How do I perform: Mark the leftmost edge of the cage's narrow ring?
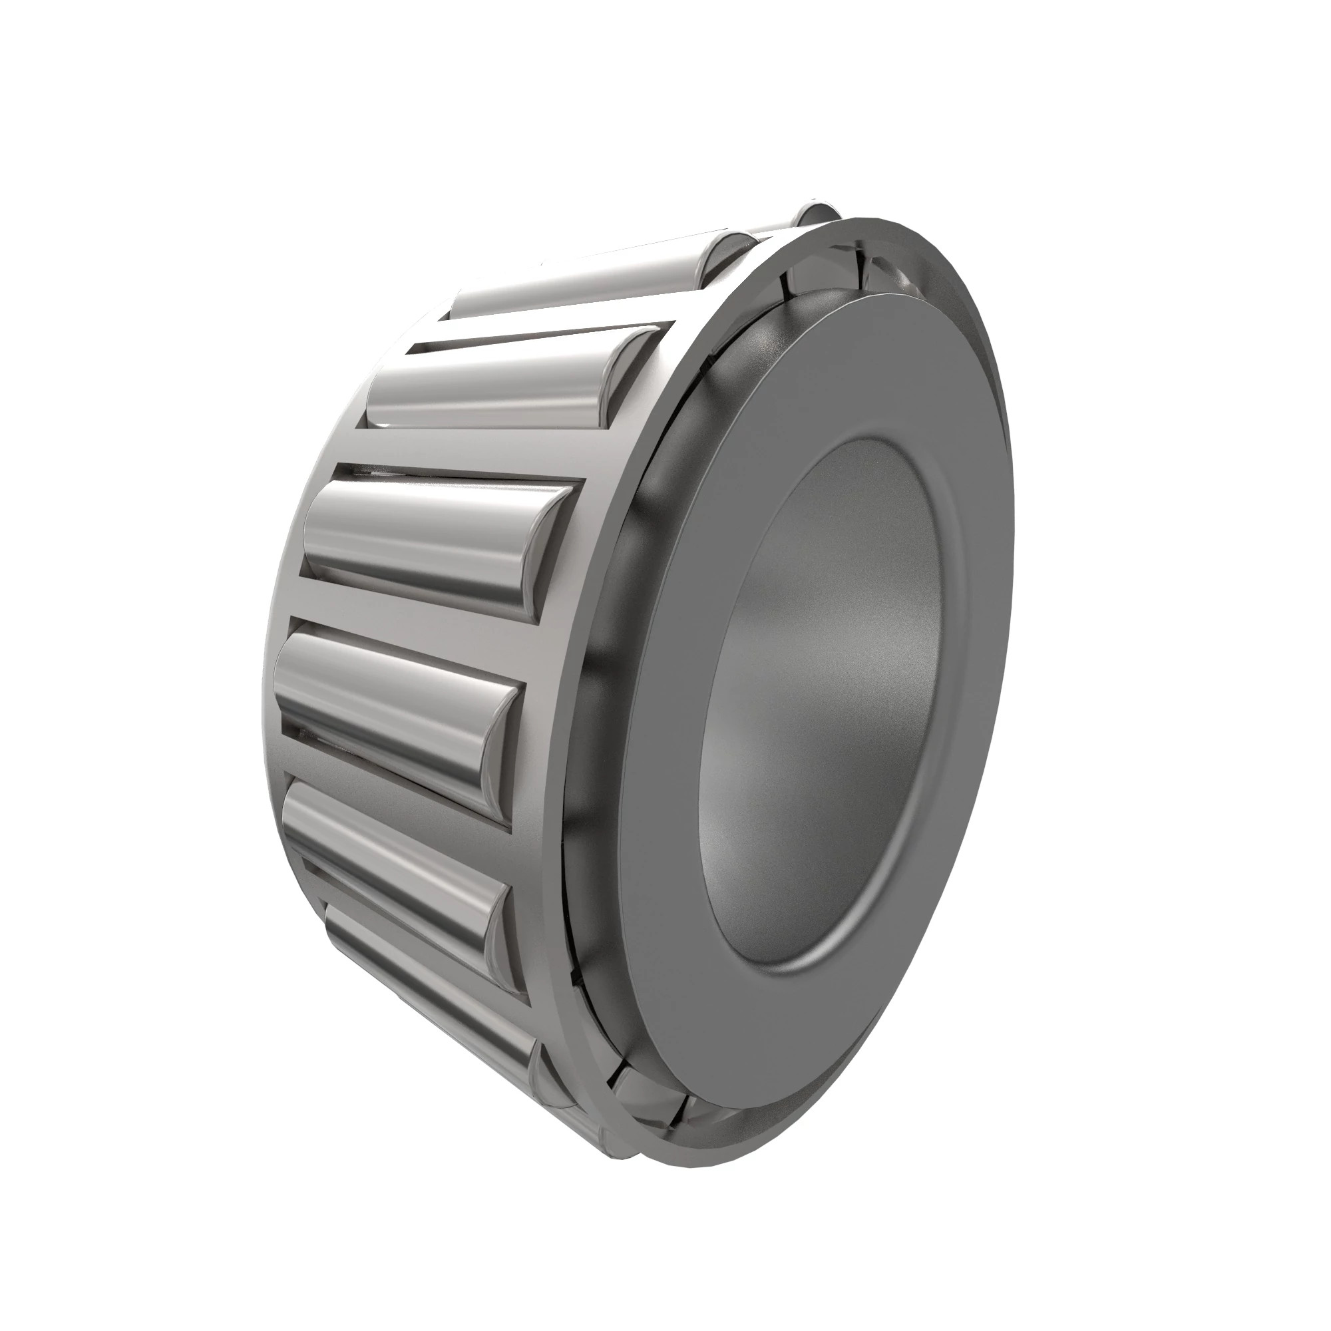pos(266,689)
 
